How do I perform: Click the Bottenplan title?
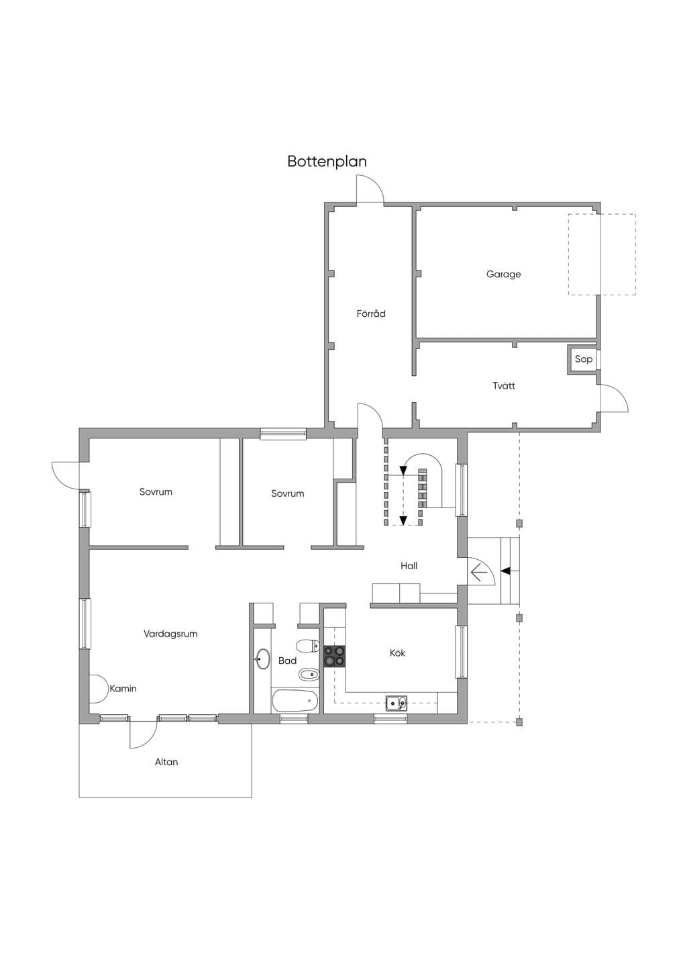(327, 161)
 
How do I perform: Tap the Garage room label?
(503, 275)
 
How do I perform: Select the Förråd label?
(371, 313)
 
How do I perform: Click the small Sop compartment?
(583, 359)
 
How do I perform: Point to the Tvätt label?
(504, 385)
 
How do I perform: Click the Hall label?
(409, 565)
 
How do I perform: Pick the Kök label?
(397, 652)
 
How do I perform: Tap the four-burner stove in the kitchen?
(335, 656)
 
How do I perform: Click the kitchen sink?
(397, 703)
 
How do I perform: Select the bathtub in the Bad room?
(295, 700)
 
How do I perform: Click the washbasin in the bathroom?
(262, 660)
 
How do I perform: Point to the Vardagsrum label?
(170, 634)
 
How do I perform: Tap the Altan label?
(166, 761)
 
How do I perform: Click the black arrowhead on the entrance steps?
(506, 571)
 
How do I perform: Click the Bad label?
(287, 661)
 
